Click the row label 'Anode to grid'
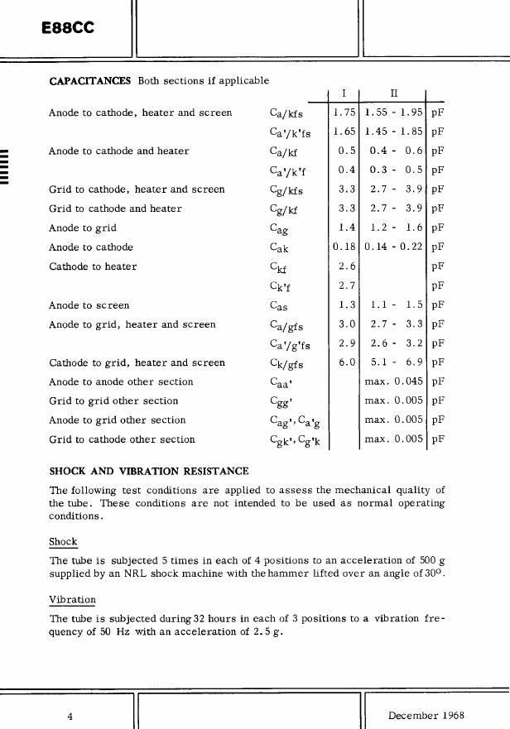(83, 228)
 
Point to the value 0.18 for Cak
(344, 247)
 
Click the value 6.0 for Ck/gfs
(347, 362)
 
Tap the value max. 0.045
(394, 381)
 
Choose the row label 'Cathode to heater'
(93, 266)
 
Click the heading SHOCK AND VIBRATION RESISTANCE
(149, 472)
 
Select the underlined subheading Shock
(63, 543)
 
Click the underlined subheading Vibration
(73, 599)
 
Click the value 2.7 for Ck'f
(348, 285)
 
